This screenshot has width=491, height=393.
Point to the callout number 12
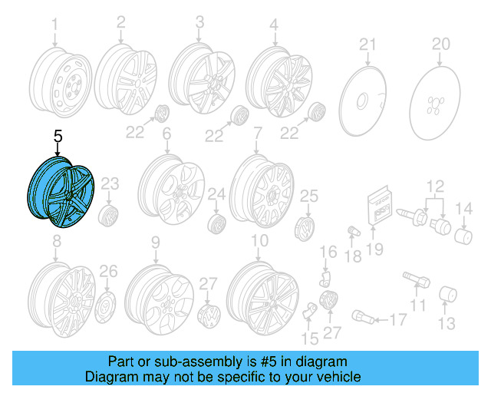[436, 184]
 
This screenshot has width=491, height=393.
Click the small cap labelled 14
[463, 233]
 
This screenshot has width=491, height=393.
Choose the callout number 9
[155, 243]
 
